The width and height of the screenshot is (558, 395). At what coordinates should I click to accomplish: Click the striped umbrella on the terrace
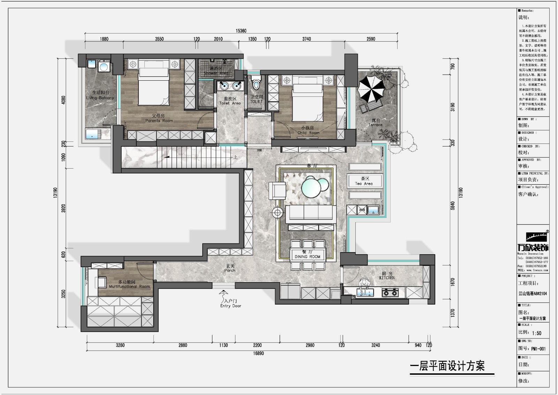tap(372, 88)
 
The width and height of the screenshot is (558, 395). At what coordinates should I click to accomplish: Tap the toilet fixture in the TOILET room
tap(256, 83)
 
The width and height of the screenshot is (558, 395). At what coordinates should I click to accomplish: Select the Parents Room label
tap(159, 118)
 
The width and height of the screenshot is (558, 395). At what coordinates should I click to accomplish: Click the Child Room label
tap(308, 131)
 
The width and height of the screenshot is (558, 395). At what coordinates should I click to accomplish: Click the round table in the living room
tap(312, 187)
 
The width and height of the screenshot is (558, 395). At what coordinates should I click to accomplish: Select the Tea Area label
tap(364, 181)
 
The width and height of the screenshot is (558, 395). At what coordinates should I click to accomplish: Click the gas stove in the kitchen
tap(390, 292)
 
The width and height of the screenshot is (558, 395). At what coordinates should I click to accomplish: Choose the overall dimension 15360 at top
tap(241, 31)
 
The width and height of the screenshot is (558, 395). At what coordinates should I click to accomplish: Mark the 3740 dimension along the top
tap(306, 39)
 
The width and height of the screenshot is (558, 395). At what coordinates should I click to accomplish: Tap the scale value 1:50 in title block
tap(537, 333)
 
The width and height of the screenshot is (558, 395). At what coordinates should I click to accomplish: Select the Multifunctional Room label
tap(129, 284)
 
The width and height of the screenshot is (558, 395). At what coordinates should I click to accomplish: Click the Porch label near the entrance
tap(230, 268)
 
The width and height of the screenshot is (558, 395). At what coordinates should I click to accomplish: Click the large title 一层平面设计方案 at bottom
tap(447, 366)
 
